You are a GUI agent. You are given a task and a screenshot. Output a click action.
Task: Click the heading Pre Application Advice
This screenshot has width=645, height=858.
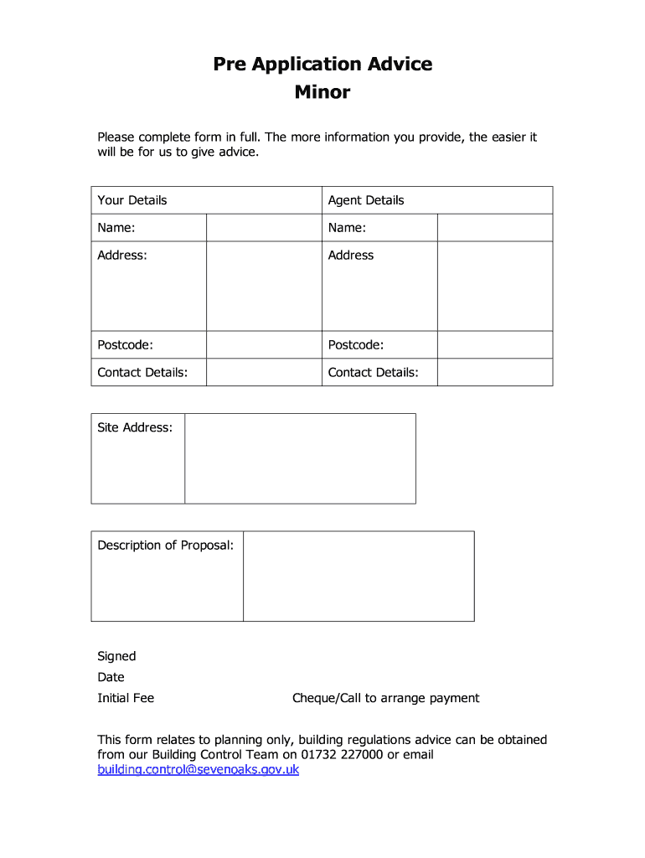coord(322,64)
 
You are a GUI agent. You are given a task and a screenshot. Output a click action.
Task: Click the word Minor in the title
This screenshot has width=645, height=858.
coord(322,92)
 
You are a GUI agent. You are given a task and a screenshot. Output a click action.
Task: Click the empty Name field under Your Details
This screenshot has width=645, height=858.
coord(264,228)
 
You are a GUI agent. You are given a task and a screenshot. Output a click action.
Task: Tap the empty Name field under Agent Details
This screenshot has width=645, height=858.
coord(494,228)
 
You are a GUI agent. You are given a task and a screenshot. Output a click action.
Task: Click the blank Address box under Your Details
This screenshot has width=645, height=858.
coord(264,286)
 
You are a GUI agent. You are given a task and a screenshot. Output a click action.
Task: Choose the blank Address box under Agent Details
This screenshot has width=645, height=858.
coord(494,286)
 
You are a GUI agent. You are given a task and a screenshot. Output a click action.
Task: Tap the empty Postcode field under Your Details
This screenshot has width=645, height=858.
coord(264,345)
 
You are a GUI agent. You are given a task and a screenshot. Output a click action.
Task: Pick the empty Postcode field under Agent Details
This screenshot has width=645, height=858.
coord(494,345)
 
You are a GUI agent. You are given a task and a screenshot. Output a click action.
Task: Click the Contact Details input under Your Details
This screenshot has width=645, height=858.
coord(264,372)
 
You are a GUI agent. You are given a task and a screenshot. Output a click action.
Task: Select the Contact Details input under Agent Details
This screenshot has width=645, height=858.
coord(494,372)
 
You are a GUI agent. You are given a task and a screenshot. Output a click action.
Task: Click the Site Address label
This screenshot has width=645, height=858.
coord(135,427)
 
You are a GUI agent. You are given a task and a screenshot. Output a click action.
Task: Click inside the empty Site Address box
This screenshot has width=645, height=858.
coord(300,458)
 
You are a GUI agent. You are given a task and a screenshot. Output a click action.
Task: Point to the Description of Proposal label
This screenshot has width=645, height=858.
coord(166,545)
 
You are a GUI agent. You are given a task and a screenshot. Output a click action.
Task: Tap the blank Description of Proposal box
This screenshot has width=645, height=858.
coord(359,576)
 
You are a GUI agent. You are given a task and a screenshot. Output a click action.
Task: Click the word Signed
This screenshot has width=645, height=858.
coord(116,656)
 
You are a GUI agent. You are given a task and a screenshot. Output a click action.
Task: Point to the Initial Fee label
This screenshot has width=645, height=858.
coord(126,698)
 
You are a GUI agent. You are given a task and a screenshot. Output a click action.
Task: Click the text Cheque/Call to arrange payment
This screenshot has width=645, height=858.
coord(385,698)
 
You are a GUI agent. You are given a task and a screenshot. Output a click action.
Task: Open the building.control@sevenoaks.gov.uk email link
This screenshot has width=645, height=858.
coord(199,769)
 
